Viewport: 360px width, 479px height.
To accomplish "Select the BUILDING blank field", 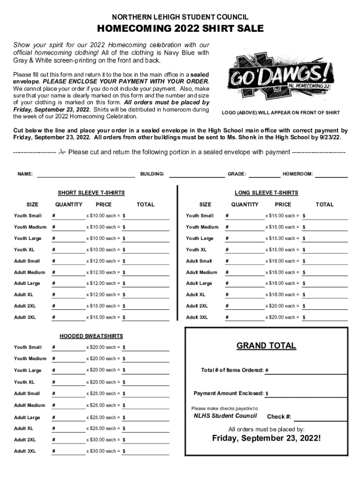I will point(196,176).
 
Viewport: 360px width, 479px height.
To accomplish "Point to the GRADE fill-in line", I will point(265,176).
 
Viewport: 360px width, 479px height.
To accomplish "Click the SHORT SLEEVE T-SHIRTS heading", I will point(91,193).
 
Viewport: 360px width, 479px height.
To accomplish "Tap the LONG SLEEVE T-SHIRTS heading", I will point(266,193).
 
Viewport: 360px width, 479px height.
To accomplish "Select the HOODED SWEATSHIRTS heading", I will point(91,336).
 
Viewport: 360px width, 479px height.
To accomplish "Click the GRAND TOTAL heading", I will point(266,346).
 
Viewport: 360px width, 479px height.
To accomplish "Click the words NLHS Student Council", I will point(225,416).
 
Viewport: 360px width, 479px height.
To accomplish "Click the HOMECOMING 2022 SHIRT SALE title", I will point(180,29).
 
